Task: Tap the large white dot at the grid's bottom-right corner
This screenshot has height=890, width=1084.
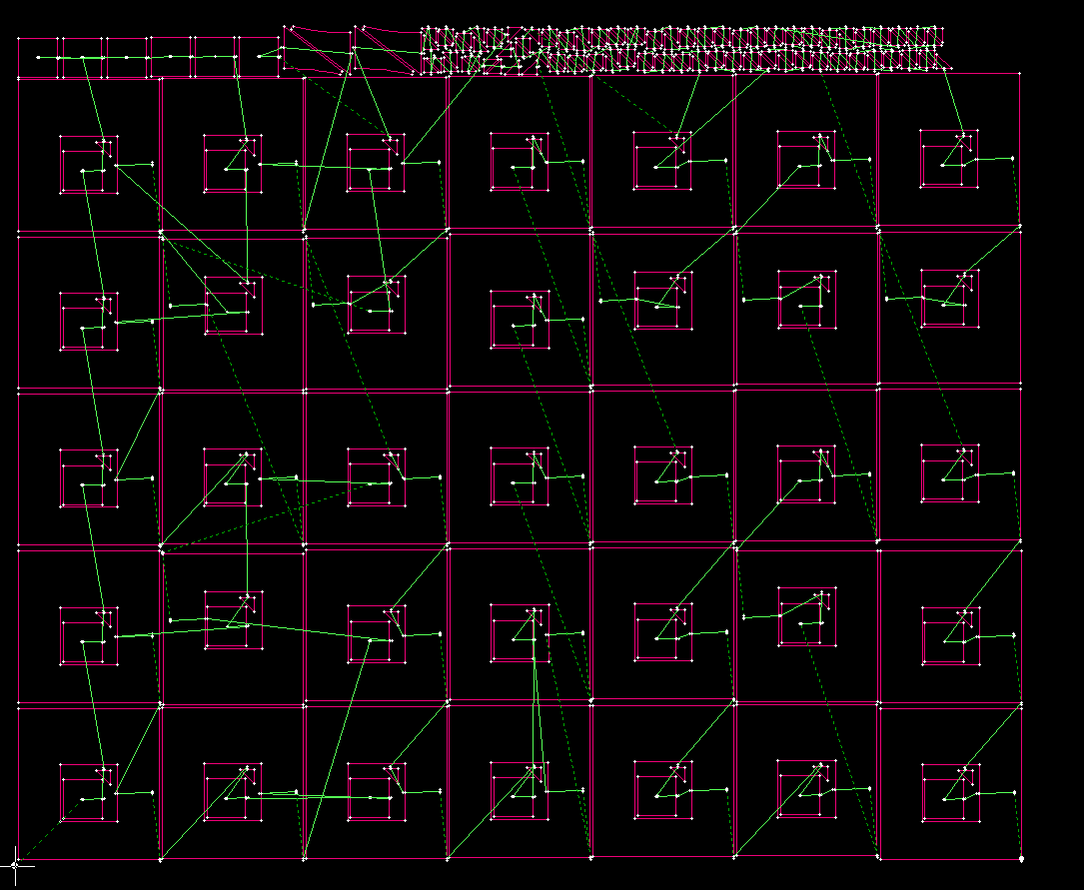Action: [x=1021, y=858]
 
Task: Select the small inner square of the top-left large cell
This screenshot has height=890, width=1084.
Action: [x=89, y=163]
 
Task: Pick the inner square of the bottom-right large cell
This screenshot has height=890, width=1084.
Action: [x=950, y=793]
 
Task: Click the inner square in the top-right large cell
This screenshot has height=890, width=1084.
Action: [x=950, y=158]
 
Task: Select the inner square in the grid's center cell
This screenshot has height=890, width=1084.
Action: [x=520, y=476]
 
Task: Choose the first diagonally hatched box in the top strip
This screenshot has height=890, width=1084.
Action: [x=316, y=51]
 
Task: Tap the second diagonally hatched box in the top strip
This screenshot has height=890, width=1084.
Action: [x=388, y=51]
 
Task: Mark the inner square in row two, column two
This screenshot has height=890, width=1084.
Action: [x=233, y=305]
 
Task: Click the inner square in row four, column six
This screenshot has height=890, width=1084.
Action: [x=807, y=617]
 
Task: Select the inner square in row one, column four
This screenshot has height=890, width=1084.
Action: [x=520, y=161]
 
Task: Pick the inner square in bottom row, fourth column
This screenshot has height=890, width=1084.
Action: [x=520, y=791]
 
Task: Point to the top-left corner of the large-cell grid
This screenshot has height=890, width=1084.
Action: [x=19, y=77]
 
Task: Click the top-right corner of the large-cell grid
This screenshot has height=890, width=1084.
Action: [x=1020, y=73]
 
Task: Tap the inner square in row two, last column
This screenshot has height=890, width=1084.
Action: [x=950, y=299]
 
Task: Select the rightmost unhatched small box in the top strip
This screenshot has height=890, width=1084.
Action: [x=259, y=57]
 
